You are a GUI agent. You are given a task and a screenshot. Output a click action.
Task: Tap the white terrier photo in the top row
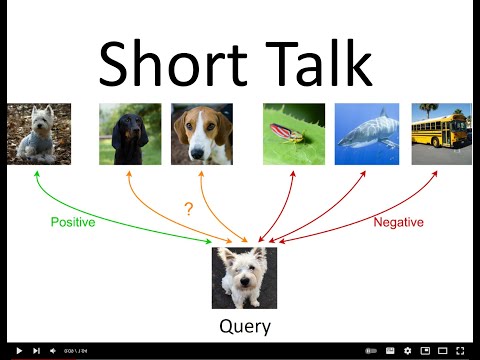click(39, 134)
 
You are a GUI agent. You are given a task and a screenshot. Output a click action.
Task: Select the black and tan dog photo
click(129, 134)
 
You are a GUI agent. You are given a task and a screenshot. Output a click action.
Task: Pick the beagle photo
click(201, 134)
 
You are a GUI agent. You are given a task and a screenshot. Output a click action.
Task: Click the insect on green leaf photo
click(294, 134)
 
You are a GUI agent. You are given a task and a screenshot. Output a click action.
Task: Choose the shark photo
click(366, 134)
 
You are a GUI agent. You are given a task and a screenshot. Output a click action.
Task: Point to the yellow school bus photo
click(441, 134)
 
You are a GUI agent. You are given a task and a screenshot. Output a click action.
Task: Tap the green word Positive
click(73, 222)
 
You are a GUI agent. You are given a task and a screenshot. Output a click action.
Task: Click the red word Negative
click(399, 222)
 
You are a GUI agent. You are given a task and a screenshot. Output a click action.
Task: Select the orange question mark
click(188, 209)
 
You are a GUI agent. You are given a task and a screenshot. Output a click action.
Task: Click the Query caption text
click(244, 326)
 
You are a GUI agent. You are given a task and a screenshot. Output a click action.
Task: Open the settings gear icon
click(407, 351)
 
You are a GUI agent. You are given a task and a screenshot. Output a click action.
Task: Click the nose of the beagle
click(201, 152)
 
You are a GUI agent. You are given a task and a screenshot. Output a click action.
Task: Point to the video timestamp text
click(76, 351)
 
